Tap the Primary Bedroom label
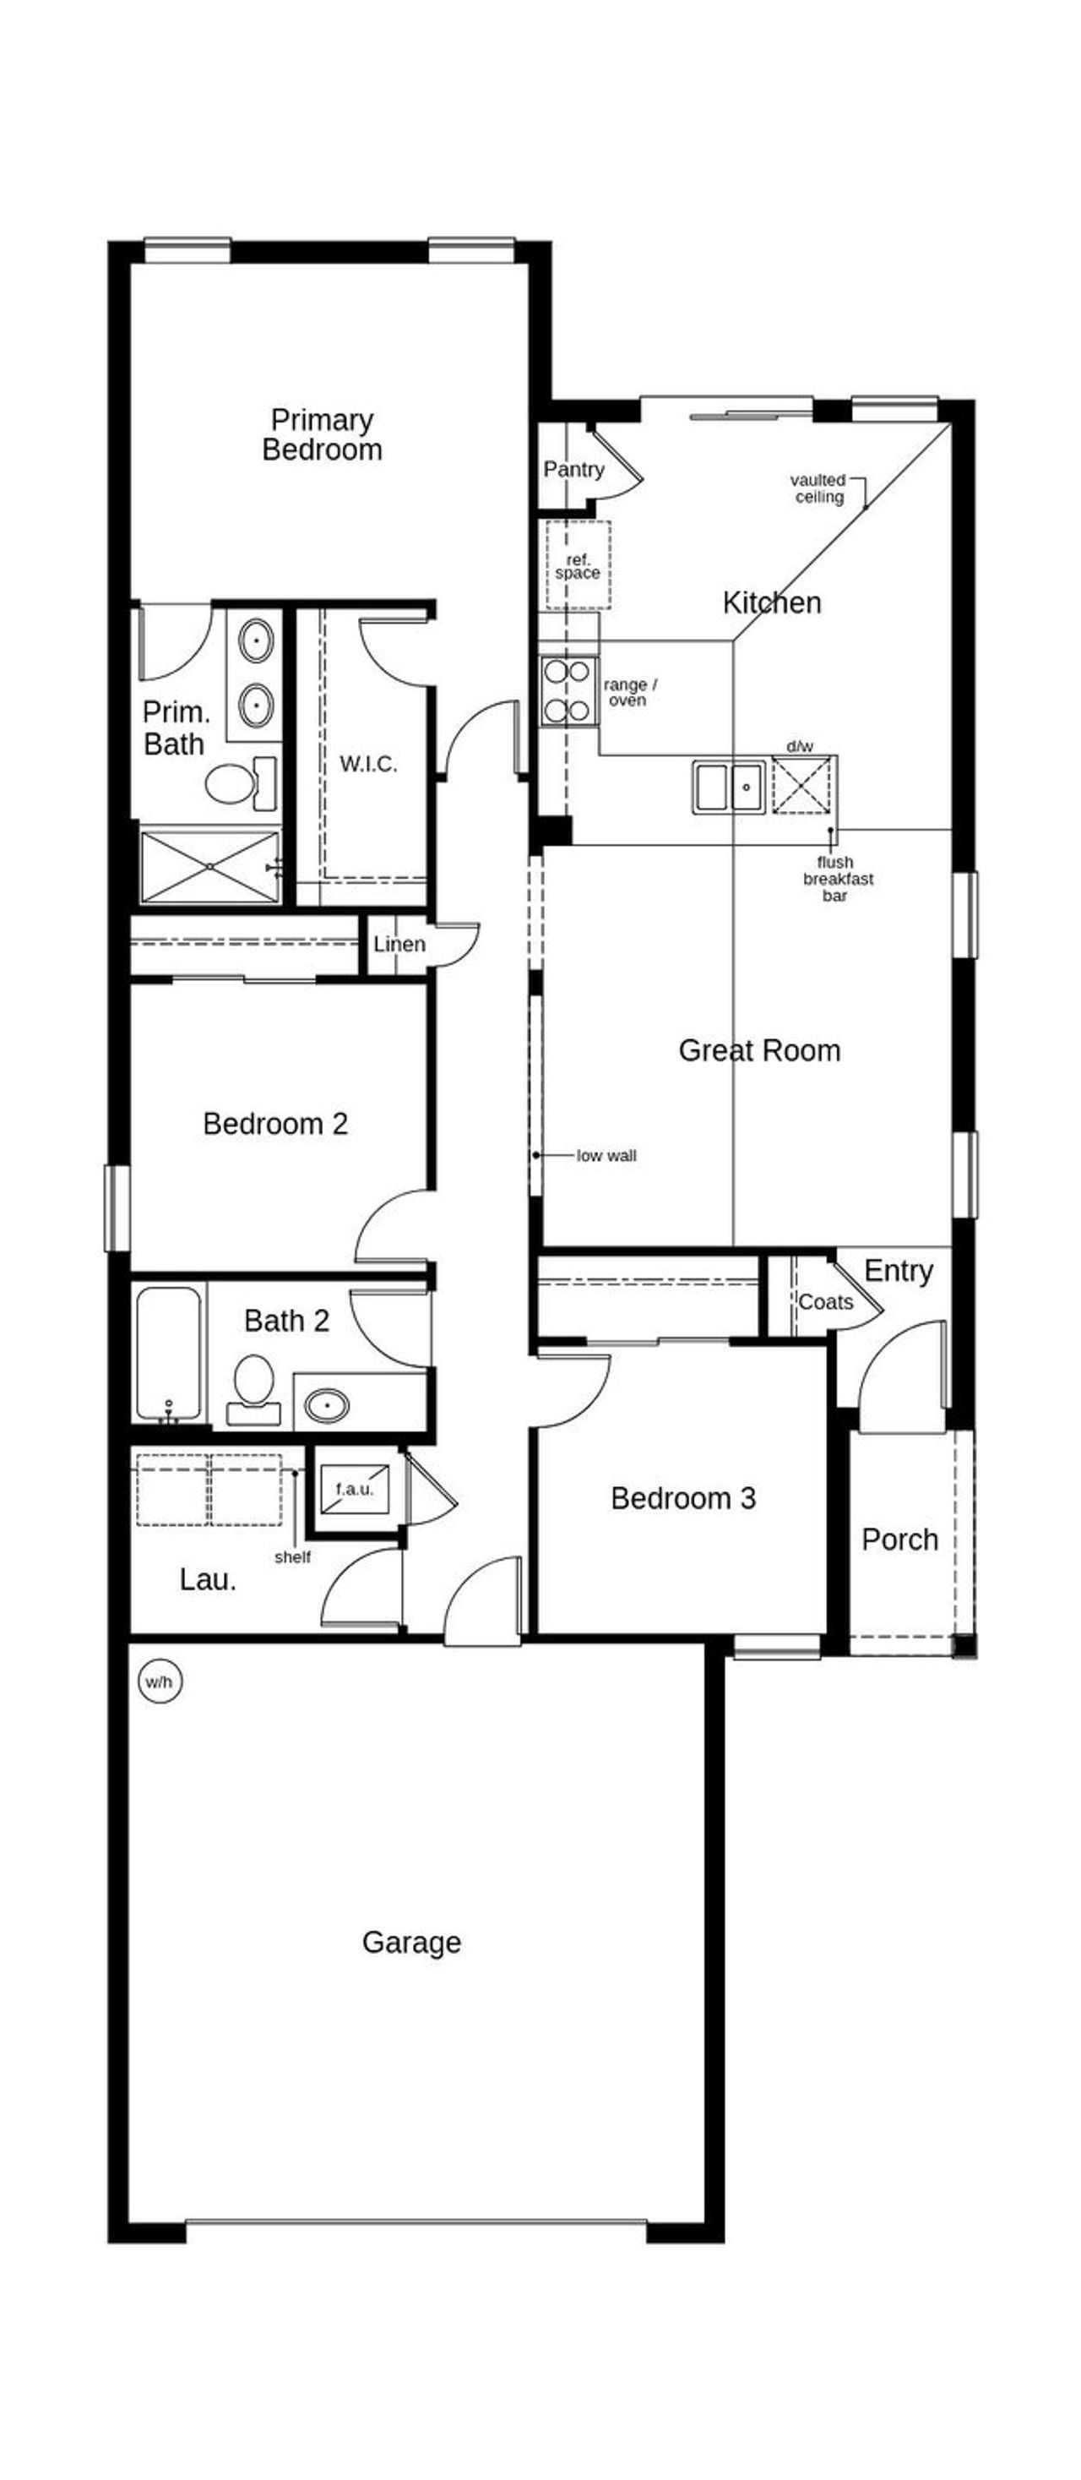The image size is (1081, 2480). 322,434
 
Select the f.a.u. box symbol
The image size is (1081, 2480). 354,1488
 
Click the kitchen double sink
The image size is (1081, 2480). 729,787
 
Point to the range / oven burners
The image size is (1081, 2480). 566,690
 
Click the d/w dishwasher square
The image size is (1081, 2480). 800,785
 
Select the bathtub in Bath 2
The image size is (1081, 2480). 168,1353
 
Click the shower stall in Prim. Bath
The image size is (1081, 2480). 209,866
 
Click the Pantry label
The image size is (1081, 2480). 573,469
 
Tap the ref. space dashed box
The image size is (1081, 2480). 578,565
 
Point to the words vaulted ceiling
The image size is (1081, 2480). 818,488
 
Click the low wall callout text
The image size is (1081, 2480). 606,1155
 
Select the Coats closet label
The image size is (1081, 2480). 825,1301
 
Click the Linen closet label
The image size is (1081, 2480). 399,944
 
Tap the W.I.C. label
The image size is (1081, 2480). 367,764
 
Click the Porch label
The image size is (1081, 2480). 899,1540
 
